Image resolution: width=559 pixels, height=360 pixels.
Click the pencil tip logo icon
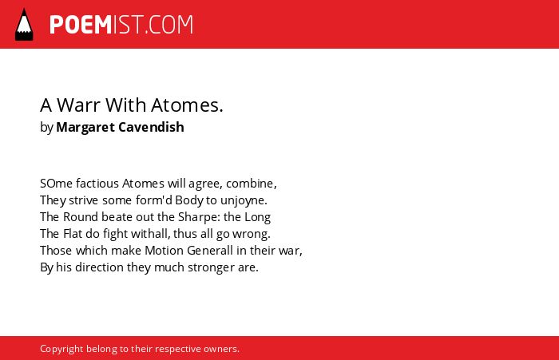point(24,25)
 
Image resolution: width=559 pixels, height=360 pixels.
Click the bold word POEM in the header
point(81,25)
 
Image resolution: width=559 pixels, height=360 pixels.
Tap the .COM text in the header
point(168,25)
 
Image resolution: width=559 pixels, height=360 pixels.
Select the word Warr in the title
point(78,105)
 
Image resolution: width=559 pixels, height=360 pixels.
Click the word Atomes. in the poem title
point(187,105)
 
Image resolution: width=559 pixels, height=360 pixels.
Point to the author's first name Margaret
point(85,127)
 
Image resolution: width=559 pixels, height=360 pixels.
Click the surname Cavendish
point(151,127)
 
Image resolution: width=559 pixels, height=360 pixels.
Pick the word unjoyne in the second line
point(243,200)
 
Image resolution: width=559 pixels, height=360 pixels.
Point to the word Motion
point(164,251)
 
